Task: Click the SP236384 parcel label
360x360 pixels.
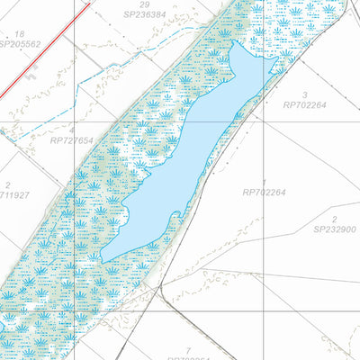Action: click(x=145, y=15)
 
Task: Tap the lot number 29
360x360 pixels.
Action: click(x=144, y=5)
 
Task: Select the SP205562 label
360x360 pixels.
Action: click(x=20, y=43)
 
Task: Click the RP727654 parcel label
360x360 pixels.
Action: click(x=72, y=140)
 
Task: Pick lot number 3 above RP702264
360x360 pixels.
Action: click(x=305, y=94)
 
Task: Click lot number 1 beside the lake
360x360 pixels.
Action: click(x=264, y=182)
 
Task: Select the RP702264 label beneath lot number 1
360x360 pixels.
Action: click(x=264, y=192)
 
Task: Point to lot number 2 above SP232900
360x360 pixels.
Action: click(x=334, y=219)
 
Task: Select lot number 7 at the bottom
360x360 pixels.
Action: click(x=188, y=349)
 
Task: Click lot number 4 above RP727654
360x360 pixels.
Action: click(x=72, y=130)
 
